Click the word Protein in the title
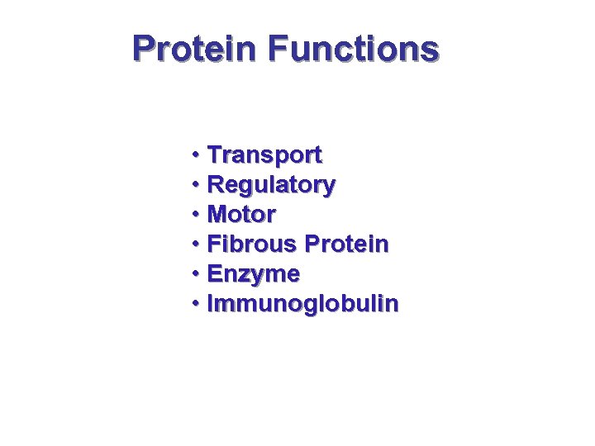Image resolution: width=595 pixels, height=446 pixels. pyautogui.click(x=195, y=49)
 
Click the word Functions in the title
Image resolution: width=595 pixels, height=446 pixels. pyautogui.click(x=352, y=49)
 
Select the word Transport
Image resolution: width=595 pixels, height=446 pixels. pyautogui.click(x=264, y=154)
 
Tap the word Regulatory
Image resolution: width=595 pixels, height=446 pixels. pyautogui.click(x=271, y=185)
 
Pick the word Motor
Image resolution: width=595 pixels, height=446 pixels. pyautogui.click(x=241, y=215)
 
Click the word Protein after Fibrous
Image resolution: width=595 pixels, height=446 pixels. pyautogui.click(x=346, y=244)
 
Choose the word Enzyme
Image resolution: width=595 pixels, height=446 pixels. pyautogui.click(x=253, y=273)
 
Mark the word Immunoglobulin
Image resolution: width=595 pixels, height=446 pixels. pyautogui.click(x=302, y=304)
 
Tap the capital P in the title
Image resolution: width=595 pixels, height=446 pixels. pyautogui.click(x=144, y=49)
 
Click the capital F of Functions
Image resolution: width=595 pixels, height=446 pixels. pyautogui.click(x=277, y=49)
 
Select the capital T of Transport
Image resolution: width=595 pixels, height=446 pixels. pyautogui.click(x=215, y=154)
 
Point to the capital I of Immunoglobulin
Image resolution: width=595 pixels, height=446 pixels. pyautogui.click(x=211, y=304)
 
